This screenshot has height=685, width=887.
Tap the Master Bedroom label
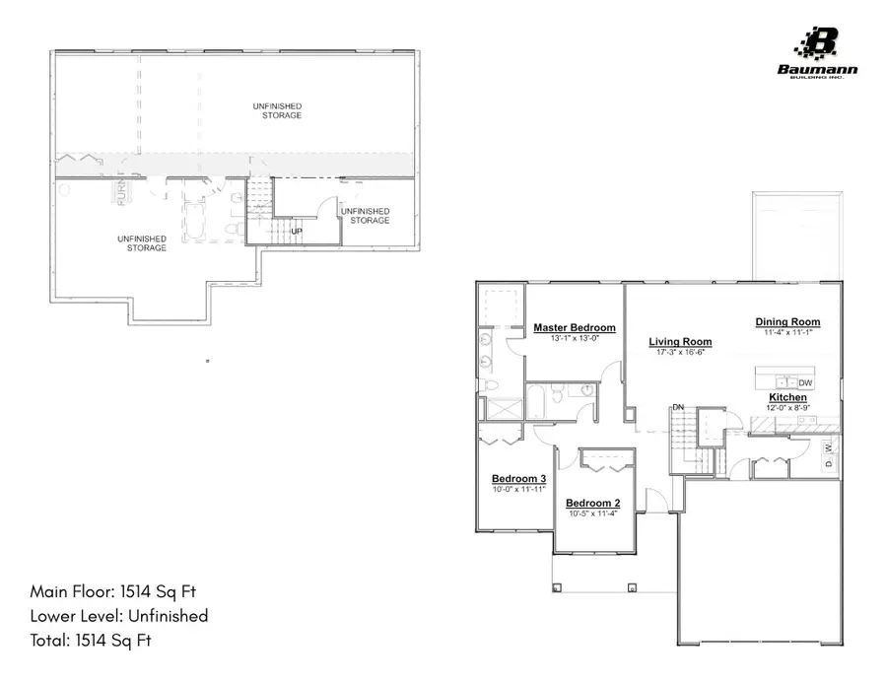point(575,328)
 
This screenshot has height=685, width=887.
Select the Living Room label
point(680,342)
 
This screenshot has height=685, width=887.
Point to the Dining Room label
point(787,322)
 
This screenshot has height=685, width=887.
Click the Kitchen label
point(787,397)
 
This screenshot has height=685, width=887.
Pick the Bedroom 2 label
point(590,503)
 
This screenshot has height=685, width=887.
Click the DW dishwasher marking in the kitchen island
point(805,382)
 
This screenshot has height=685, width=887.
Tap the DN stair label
point(678,407)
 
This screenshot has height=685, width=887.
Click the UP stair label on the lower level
point(296,232)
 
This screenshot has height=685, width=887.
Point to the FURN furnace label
point(122,193)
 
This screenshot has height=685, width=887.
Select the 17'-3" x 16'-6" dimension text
point(680,352)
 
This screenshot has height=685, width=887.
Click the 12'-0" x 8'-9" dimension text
point(787,407)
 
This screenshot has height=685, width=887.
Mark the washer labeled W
point(828,446)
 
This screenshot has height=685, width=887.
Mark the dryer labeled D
point(828,462)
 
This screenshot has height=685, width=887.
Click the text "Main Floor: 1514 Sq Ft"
point(118,591)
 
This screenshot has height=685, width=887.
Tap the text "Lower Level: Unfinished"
point(119,616)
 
